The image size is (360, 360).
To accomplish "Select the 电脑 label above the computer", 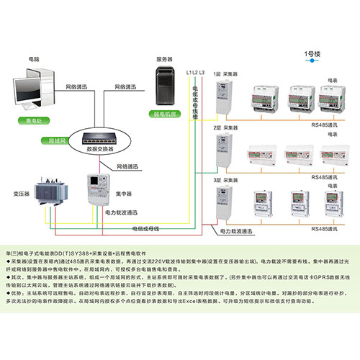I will (x=33, y=57).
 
